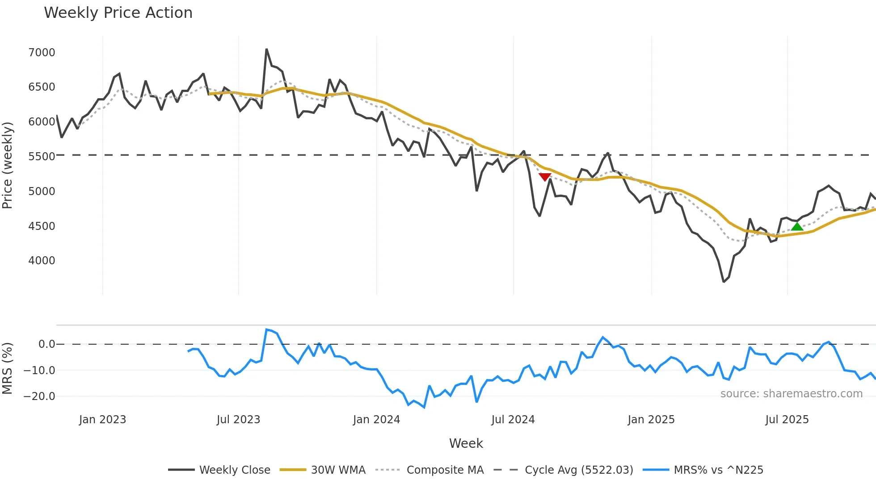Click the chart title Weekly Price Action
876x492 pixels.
point(118,13)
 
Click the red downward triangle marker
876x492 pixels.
point(545,177)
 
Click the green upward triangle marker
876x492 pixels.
point(797,227)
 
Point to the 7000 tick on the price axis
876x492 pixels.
point(42,53)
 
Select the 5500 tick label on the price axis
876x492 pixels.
point(42,157)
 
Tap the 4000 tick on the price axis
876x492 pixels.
point(42,261)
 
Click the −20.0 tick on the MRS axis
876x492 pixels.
point(39,396)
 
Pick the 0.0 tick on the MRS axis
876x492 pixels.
point(46,344)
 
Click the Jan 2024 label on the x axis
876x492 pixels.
point(376,420)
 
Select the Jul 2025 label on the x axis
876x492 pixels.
point(787,420)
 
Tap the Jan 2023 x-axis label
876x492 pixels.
point(102,420)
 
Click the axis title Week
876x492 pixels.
point(466,443)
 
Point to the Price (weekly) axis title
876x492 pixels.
point(7,165)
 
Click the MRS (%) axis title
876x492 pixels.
point(7,368)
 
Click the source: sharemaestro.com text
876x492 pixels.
point(791,394)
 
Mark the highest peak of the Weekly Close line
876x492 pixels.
point(266,49)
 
